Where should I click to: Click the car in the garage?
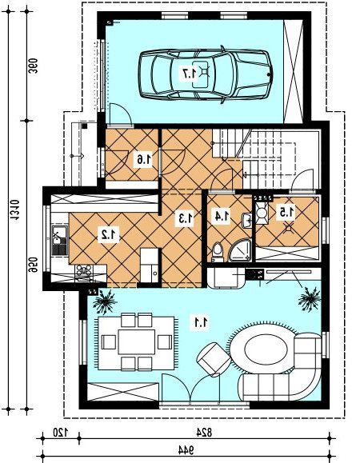tap(206, 74)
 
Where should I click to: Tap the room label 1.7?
tap(190, 74)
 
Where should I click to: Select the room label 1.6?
tap(144, 159)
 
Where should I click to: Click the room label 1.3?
tap(185, 218)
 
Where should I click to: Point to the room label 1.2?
tap(109, 234)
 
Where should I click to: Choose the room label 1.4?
tap(222, 215)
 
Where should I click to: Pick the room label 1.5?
tap(286, 212)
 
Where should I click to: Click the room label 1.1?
tap(201, 322)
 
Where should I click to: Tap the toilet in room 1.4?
tap(218, 252)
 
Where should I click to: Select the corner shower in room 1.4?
tap(240, 251)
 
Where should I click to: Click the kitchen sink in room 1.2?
tap(59, 241)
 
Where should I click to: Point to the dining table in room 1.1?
tap(137, 342)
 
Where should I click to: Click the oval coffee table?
tap(266, 350)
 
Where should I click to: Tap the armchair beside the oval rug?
tap(214, 359)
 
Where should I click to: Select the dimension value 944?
tap(186, 450)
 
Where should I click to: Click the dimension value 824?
tap(204, 433)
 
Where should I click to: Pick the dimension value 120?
tap(60, 433)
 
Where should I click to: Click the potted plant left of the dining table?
tap(105, 301)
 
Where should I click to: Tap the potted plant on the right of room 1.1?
tap(310, 299)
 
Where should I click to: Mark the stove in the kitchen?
tap(83, 271)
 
